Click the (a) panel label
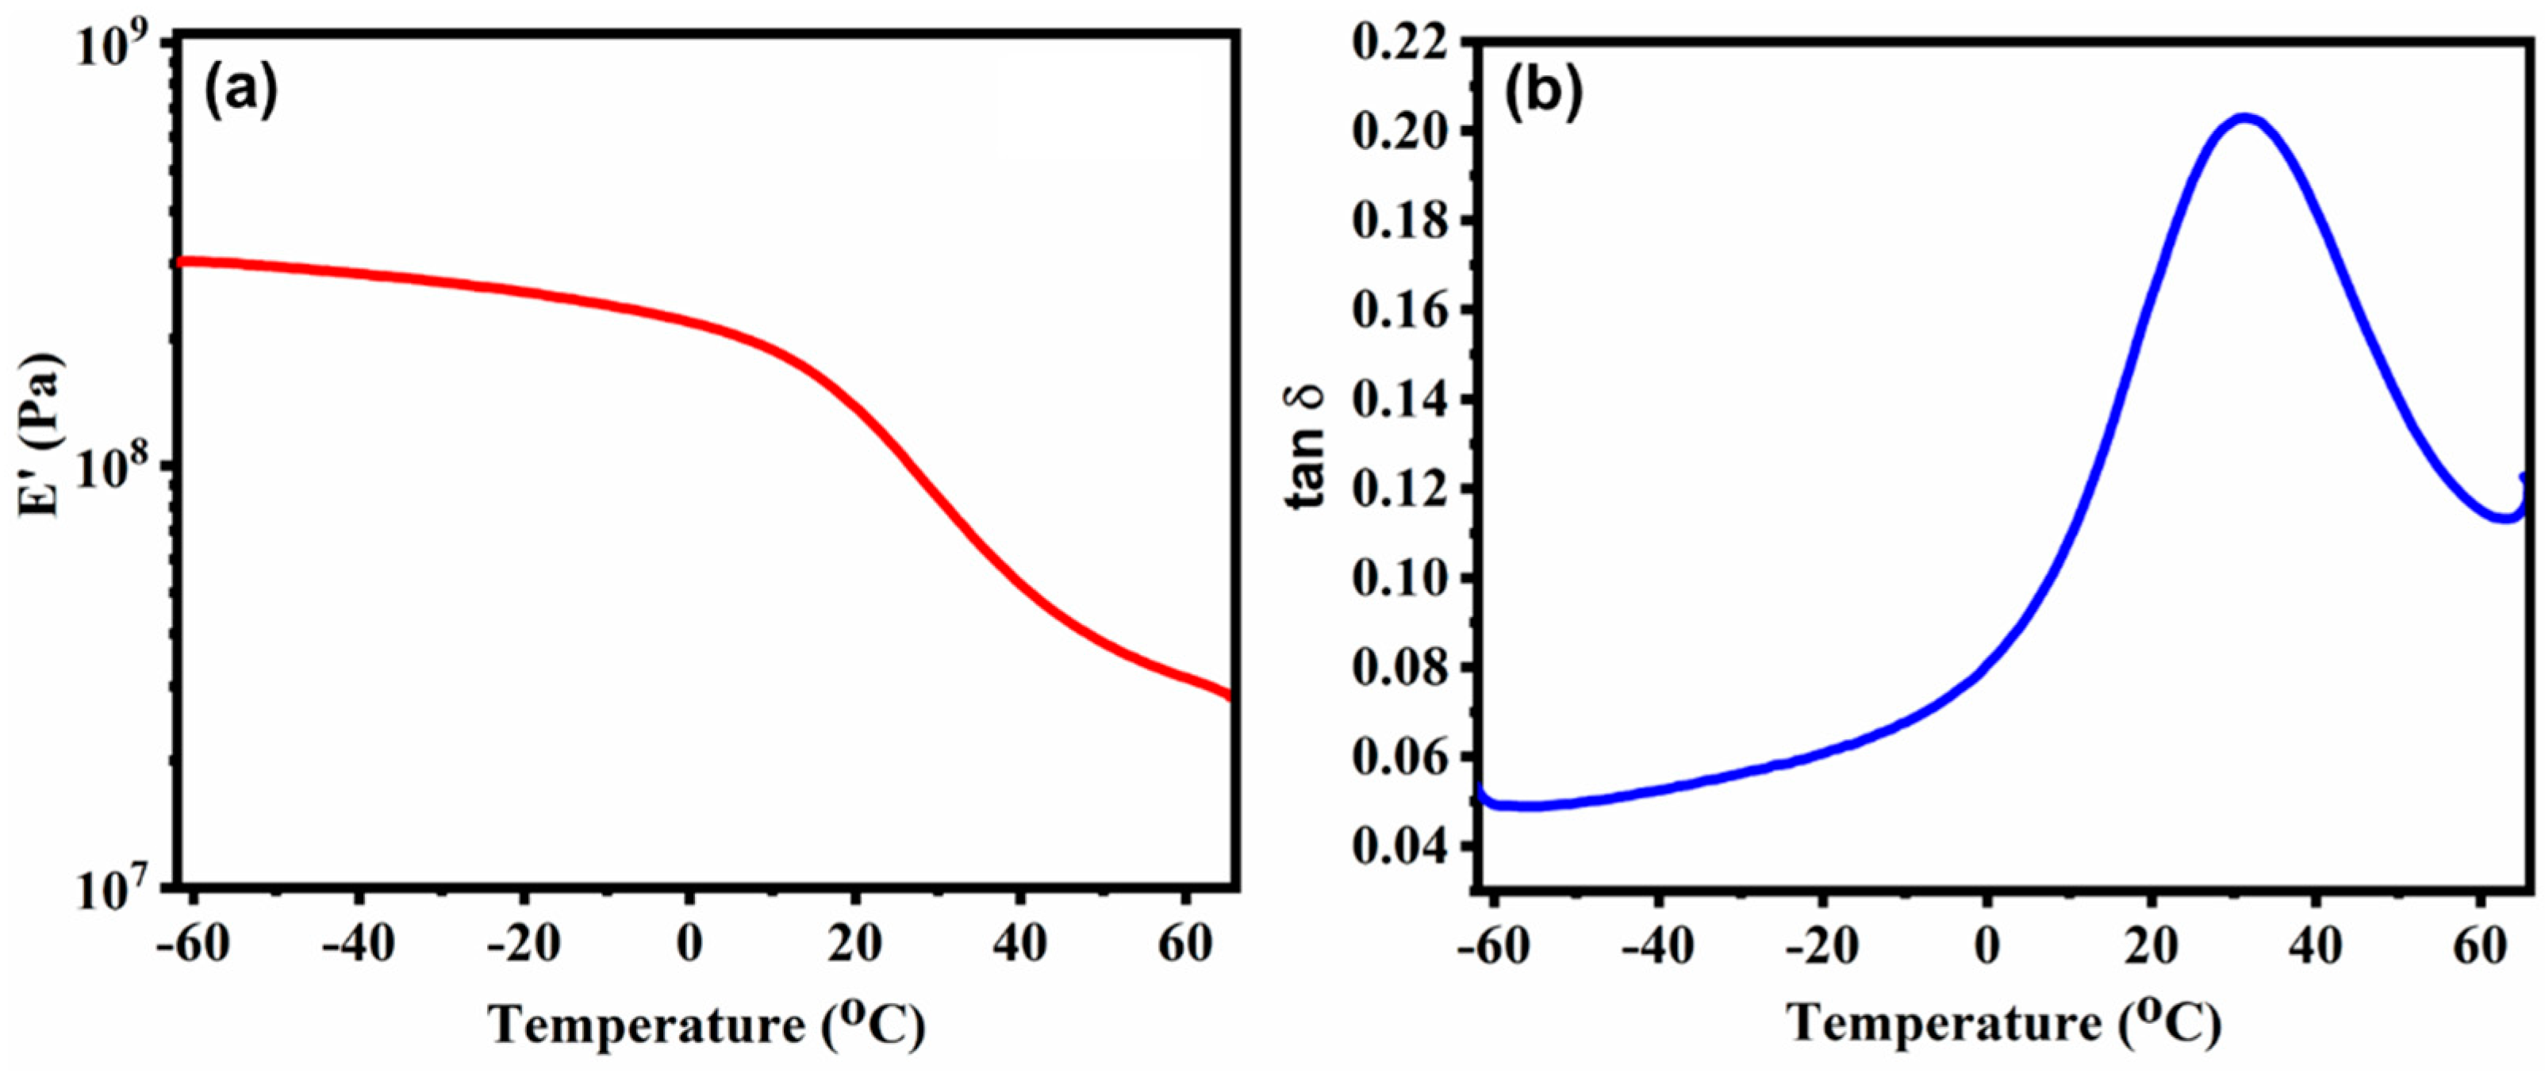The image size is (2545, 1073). pyautogui.click(x=241, y=91)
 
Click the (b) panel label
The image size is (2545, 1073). pyautogui.click(x=1542, y=91)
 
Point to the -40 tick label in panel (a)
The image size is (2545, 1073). pyautogui.click(x=359, y=944)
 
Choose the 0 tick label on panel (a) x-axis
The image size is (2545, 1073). pyautogui.click(x=689, y=944)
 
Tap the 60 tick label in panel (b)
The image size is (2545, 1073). pyautogui.click(x=2480, y=944)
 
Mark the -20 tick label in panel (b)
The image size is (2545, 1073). pyautogui.click(x=1820, y=944)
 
